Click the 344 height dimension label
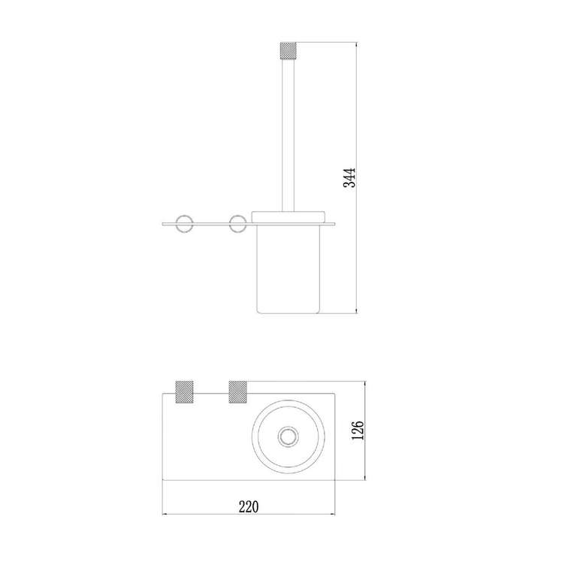[349, 177]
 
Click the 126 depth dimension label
[358, 430]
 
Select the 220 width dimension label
[249, 506]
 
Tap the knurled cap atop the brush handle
[288, 51]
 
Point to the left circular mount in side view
[184, 224]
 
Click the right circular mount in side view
[238, 224]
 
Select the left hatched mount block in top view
[184, 392]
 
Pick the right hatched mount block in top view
[238, 392]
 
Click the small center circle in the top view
[288, 437]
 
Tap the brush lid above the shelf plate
[288, 216]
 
